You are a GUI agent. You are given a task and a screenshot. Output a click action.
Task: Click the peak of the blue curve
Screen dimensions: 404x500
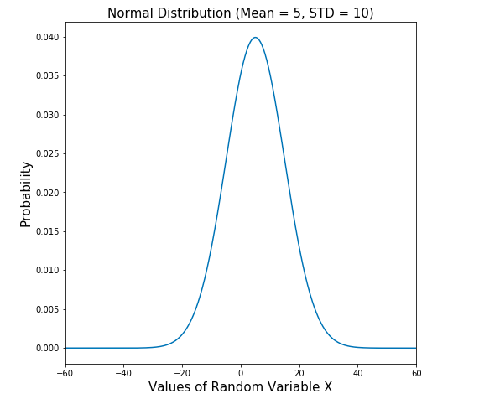pyautogui.click(x=255, y=38)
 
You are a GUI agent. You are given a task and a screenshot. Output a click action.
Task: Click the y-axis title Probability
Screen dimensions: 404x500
pyautogui.click(x=26, y=194)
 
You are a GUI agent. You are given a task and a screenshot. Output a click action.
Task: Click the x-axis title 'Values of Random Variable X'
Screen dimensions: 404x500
pyautogui.click(x=240, y=387)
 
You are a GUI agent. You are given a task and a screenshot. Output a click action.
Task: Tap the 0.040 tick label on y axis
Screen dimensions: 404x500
pyautogui.click(x=47, y=38)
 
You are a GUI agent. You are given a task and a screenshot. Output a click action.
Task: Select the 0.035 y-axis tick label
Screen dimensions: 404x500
pyautogui.click(x=47, y=76)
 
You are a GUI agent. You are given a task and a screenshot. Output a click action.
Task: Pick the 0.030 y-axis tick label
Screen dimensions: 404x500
pyautogui.click(x=47, y=115)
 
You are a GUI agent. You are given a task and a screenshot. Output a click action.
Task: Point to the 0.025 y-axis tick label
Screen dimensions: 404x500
pyautogui.click(x=47, y=154)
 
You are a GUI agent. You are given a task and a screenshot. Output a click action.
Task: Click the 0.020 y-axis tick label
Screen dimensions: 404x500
pyautogui.click(x=47, y=193)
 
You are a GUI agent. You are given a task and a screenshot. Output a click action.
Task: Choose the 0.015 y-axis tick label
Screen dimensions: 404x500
pyautogui.click(x=47, y=231)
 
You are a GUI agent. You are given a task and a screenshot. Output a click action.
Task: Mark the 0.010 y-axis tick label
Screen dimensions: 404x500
pyautogui.click(x=47, y=270)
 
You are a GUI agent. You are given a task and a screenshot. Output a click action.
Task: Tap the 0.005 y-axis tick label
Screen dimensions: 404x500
pyautogui.click(x=47, y=309)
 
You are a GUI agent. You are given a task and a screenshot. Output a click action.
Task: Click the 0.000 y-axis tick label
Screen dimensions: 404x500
pyautogui.click(x=47, y=348)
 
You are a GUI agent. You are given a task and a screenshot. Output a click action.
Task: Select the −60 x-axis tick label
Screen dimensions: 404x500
pyautogui.click(x=65, y=372)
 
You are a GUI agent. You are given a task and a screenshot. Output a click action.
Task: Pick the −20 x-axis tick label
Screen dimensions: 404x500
pyautogui.click(x=181, y=372)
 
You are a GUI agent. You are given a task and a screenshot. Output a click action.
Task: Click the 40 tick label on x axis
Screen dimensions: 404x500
pyautogui.click(x=357, y=372)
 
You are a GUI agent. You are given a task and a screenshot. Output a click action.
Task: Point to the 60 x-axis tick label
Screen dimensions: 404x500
pyautogui.click(x=415, y=372)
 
